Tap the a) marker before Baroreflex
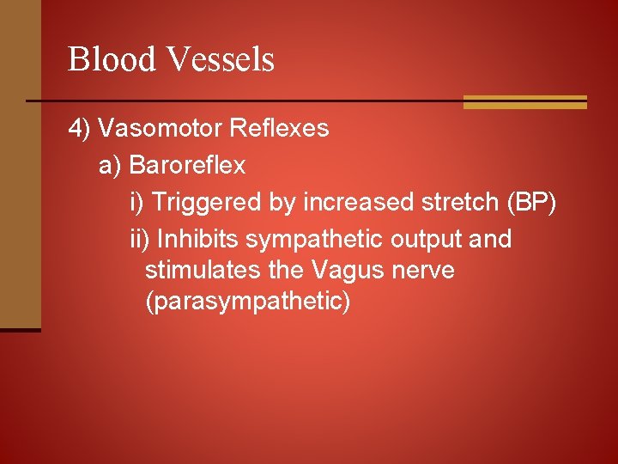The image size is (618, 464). coord(110,165)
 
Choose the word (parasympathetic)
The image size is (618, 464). coord(248,302)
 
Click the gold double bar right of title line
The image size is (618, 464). coord(524,102)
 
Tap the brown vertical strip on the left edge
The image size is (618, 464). coord(20,163)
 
